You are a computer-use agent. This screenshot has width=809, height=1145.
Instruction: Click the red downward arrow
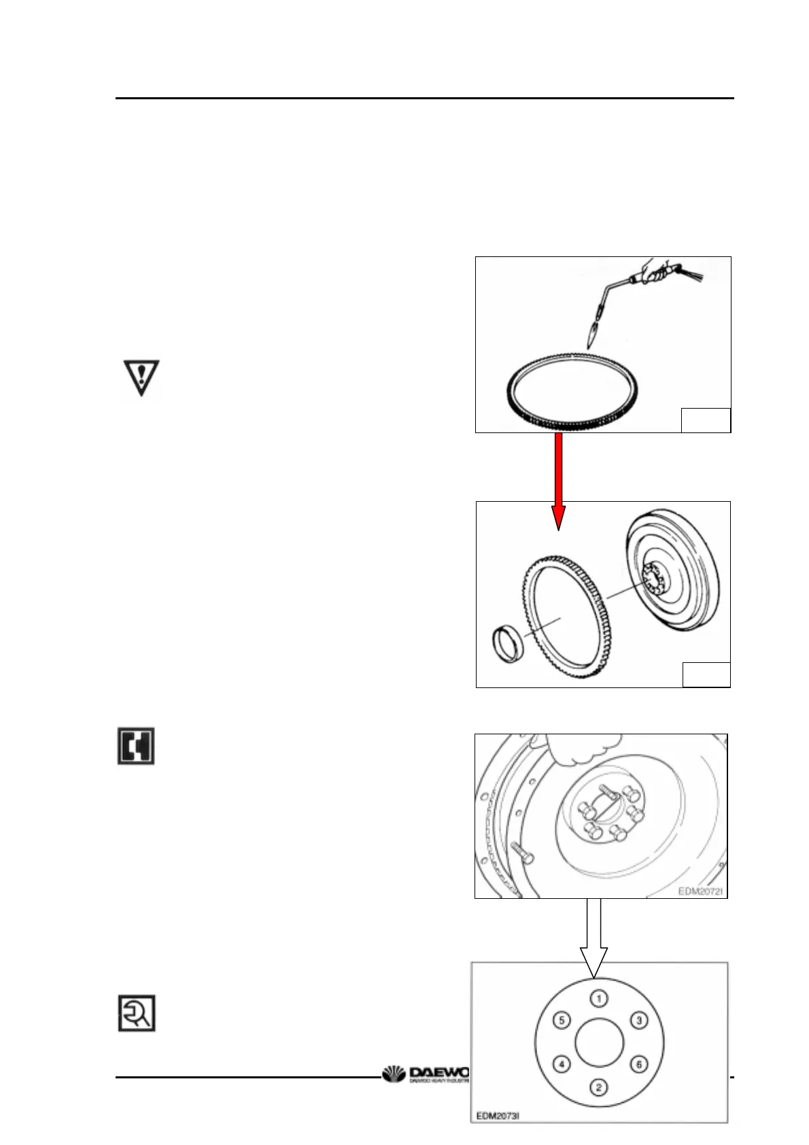[x=558, y=480]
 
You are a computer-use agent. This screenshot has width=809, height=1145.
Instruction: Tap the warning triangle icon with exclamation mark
[x=141, y=377]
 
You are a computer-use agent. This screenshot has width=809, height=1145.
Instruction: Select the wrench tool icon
[x=137, y=1013]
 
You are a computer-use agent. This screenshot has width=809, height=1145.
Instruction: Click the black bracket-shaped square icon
[x=136, y=746]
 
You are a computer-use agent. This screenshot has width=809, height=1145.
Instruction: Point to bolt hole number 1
[x=598, y=998]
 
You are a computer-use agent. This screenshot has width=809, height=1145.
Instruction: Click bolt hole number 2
[x=598, y=1088]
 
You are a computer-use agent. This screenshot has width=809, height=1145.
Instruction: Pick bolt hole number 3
[x=638, y=1021]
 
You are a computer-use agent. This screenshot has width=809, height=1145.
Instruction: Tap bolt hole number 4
[x=562, y=1064]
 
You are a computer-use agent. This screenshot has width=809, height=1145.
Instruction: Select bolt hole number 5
[x=561, y=1021]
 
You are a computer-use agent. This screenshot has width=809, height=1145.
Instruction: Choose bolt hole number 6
[x=638, y=1065]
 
